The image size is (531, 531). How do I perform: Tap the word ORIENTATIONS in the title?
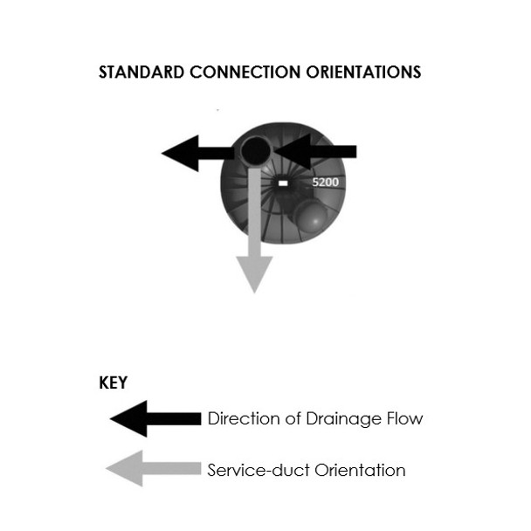pyautogui.click(x=358, y=72)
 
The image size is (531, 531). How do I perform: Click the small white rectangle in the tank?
pyautogui.click(x=282, y=184)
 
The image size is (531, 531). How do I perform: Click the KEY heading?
pyautogui.click(x=114, y=383)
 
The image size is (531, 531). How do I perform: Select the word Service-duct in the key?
pyautogui.click(x=254, y=470)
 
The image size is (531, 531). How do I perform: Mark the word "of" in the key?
pyautogui.click(x=286, y=418)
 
